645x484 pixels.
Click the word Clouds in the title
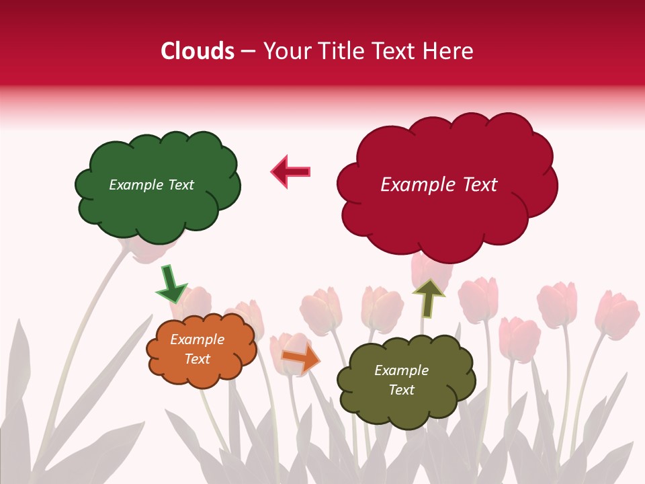coord(198,51)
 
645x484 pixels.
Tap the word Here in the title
coord(448,51)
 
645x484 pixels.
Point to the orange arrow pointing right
coord(300,358)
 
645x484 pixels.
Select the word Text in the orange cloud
coord(197,360)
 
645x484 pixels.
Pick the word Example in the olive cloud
coord(401,370)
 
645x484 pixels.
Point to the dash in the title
coord(248,52)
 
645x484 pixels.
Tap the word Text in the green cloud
coord(179,185)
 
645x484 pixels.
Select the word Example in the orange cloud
coord(197,340)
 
